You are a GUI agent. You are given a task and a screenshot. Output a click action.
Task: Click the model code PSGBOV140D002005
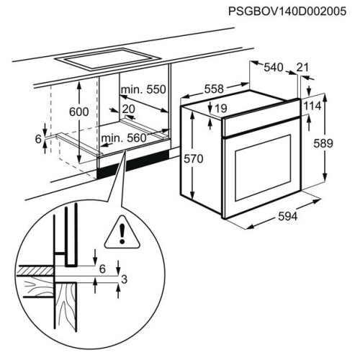(x=287, y=12)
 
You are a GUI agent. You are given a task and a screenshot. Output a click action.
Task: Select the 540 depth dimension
(x=274, y=68)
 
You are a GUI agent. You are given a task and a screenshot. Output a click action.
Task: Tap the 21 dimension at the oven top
(x=302, y=68)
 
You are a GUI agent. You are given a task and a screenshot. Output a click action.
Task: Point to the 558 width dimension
(x=214, y=89)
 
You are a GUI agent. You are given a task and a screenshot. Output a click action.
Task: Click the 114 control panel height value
(x=312, y=106)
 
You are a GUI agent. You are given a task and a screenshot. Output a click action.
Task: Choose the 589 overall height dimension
(x=323, y=143)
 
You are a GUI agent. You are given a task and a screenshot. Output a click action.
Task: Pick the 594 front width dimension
(x=287, y=217)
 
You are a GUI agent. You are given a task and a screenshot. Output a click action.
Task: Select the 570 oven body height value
(x=194, y=159)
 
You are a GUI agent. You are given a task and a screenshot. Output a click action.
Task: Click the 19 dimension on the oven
(x=221, y=109)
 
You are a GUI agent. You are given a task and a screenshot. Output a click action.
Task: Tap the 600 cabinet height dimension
(x=79, y=112)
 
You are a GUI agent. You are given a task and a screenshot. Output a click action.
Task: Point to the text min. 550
(x=143, y=89)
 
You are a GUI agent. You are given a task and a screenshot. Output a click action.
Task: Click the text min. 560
(x=124, y=138)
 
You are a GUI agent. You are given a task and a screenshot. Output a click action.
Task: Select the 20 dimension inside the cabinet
(x=129, y=109)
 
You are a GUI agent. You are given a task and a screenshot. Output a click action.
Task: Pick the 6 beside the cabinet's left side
(x=38, y=139)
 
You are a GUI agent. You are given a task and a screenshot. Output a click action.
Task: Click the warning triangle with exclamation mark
(x=122, y=233)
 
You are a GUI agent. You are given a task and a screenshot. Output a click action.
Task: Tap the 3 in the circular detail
(x=124, y=279)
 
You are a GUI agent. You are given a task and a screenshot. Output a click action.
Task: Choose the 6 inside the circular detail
(x=102, y=269)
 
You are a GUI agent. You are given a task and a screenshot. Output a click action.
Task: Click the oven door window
(x=263, y=168)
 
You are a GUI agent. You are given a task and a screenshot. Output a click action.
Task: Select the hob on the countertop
(x=107, y=59)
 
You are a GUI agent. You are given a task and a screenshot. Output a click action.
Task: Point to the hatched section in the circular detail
(x=36, y=271)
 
